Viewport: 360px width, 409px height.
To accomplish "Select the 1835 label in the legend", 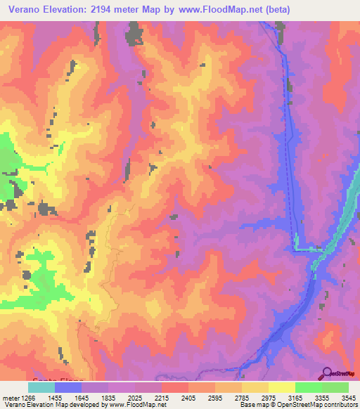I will [117, 397].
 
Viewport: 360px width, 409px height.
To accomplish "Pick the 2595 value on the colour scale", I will [224, 397].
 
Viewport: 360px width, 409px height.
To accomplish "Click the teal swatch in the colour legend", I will [41, 387].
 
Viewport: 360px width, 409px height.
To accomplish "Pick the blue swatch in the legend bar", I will [68, 387].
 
